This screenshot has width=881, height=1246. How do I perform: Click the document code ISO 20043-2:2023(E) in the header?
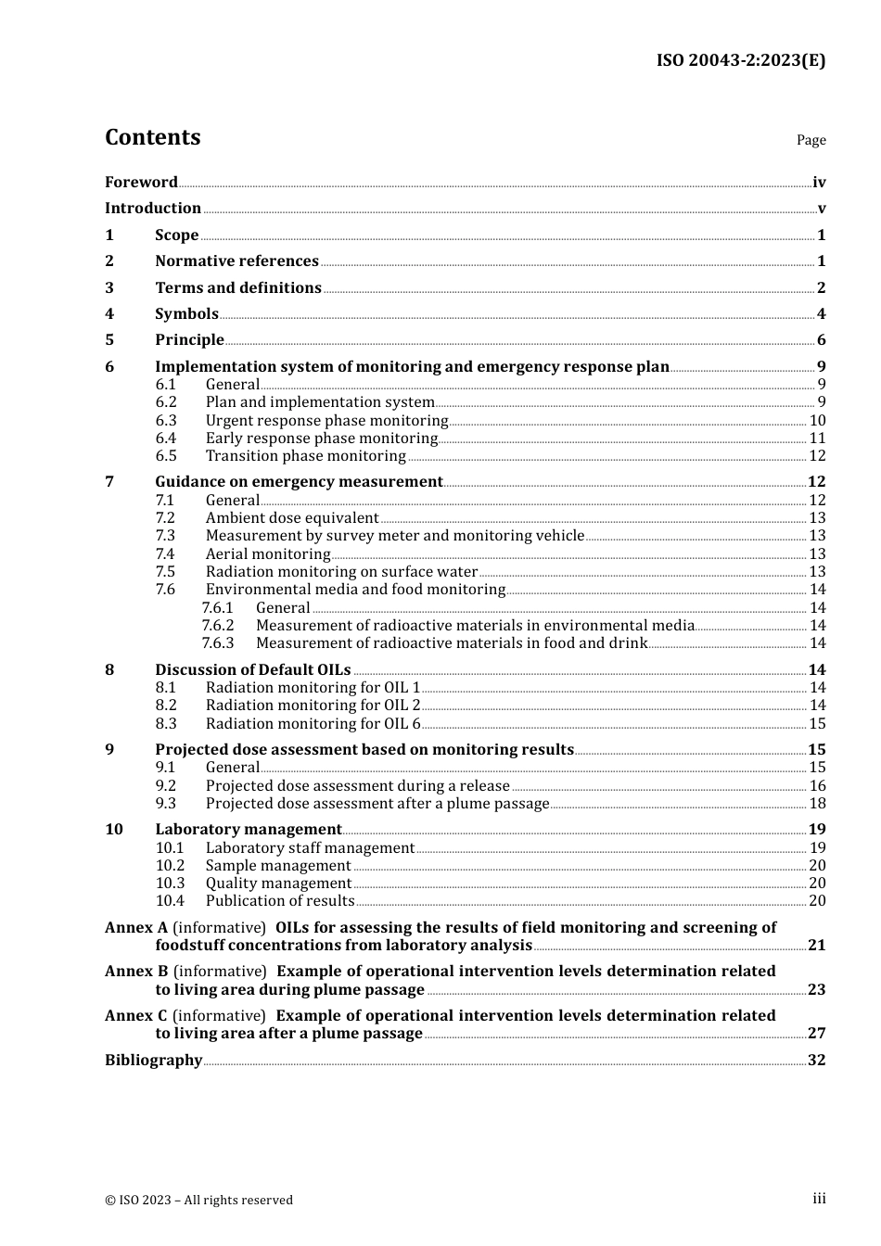click(740, 60)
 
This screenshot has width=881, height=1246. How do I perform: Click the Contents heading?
click(152, 137)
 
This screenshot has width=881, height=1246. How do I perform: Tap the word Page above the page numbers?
click(811, 140)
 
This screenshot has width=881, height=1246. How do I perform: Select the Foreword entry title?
click(141, 183)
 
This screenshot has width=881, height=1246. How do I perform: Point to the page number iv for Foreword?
click(819, 183)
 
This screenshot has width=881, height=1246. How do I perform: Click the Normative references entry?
click(236, 261)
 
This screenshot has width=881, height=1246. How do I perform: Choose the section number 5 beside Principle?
click(109, 340)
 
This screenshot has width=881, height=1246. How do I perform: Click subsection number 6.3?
click(166, 421)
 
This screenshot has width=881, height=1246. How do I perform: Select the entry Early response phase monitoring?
click(321, 439)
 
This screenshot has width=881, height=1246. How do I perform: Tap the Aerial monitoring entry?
click(267, 554)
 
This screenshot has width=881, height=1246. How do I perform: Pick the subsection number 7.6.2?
click(218, 626)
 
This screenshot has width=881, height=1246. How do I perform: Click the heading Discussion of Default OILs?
click(252, 670)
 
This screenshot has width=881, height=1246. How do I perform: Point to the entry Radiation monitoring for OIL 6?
click(313, 724)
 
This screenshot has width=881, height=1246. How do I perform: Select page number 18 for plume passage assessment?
click(817, 804)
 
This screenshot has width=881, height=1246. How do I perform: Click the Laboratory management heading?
click(248, 830)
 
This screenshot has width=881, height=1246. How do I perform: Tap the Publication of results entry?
click(279, 901)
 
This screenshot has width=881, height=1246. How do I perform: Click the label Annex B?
click(136, 972)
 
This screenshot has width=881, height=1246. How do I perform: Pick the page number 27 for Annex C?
click(816, 1034)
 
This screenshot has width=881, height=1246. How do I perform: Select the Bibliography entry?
click(153, 1061)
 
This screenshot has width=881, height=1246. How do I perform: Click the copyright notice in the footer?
click(198, 1201)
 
